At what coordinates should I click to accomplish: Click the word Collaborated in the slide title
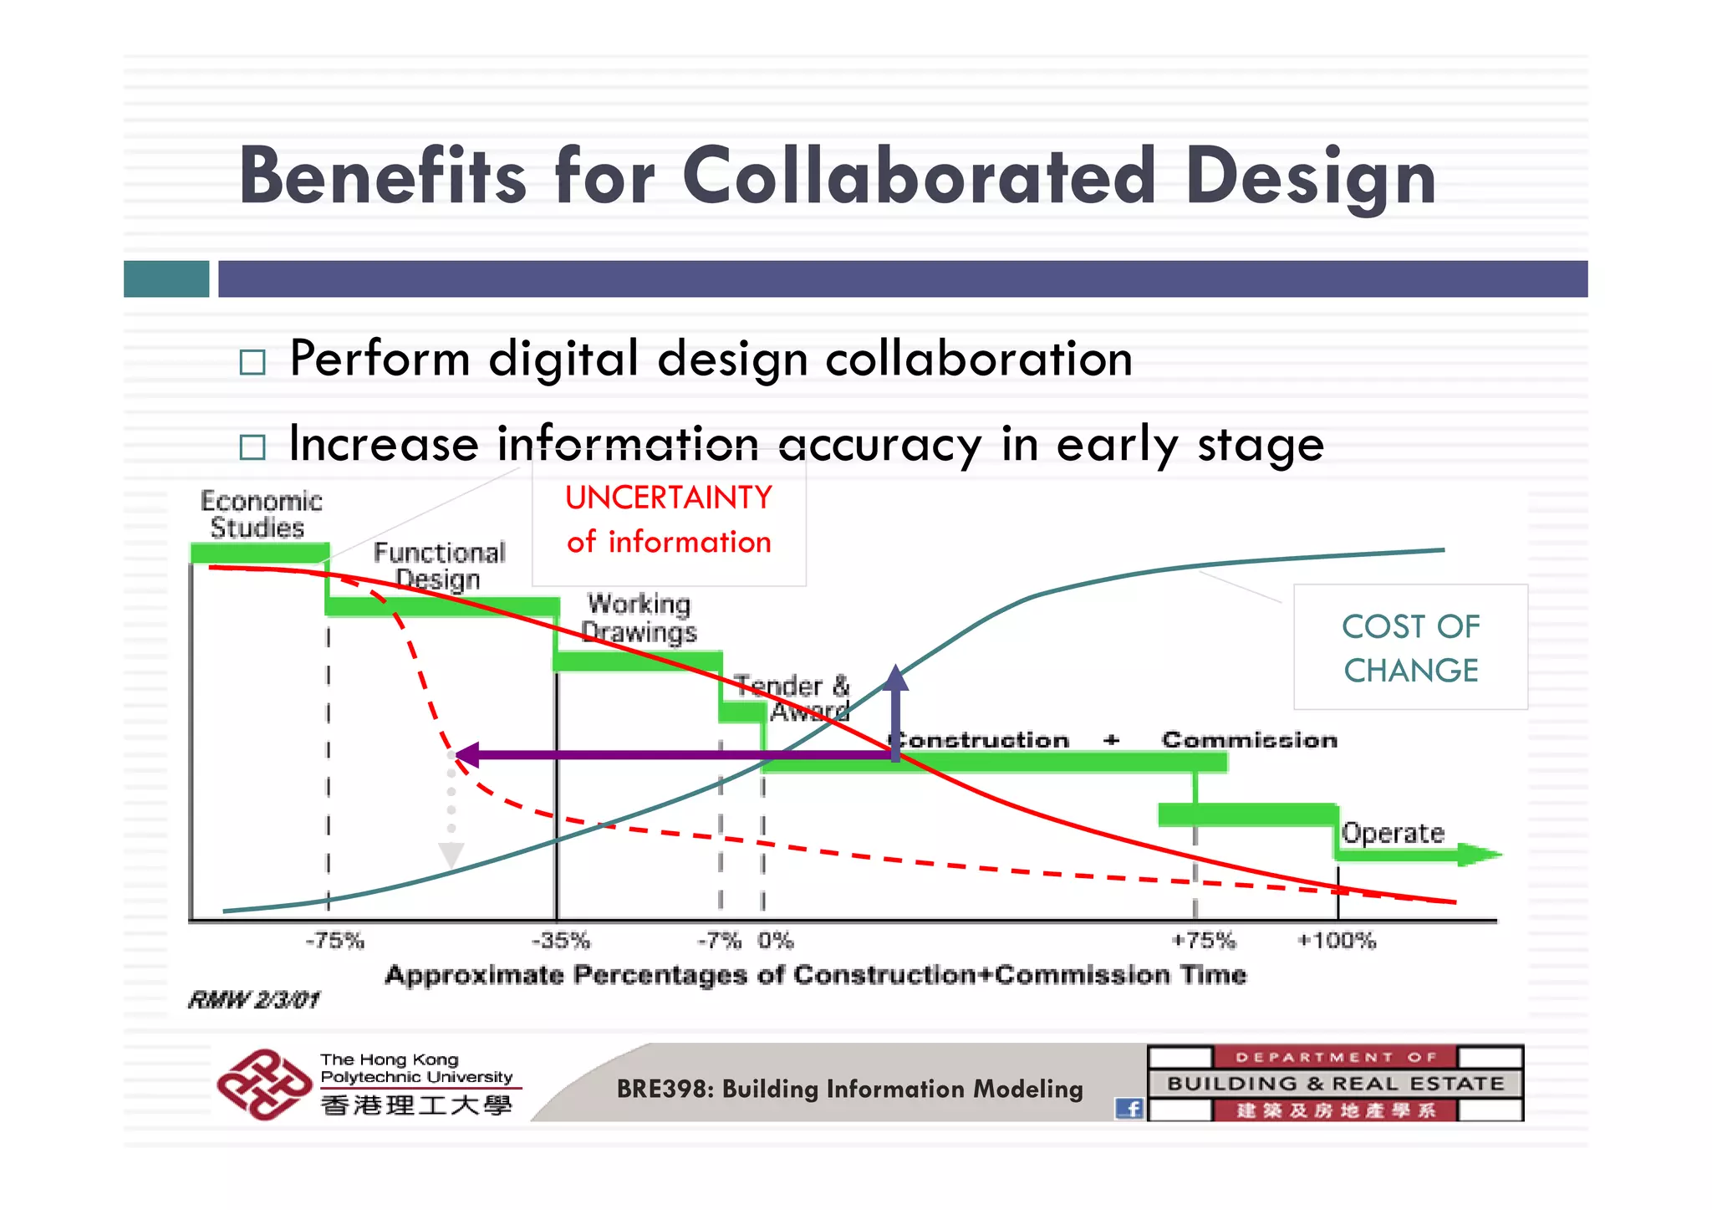click(919, 176)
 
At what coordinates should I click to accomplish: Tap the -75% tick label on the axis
click(334, 941)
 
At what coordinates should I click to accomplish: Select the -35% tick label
click(561, 941)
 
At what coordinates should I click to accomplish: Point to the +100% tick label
click(1336, 941)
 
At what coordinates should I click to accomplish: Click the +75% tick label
click(1203, 941)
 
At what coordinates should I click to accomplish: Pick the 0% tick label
click(776, 941)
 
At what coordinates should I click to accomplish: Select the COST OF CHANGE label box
click(1410, 648)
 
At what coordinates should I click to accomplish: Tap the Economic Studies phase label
click(260, 514)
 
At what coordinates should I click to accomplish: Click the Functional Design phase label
click(439, 566)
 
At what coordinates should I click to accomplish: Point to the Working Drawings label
click(639, 618)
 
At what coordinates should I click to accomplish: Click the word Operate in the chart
click(1393, 833)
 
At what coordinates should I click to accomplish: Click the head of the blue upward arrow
click(895, 677)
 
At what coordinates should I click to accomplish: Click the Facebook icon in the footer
click(1129, 1109)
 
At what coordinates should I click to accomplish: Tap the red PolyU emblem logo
click(264, 1085)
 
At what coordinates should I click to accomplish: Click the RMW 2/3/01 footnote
click(254, 1000)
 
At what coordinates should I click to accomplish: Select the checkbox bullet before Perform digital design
click(252, 362)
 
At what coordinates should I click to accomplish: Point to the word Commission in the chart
click(1249, 740)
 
